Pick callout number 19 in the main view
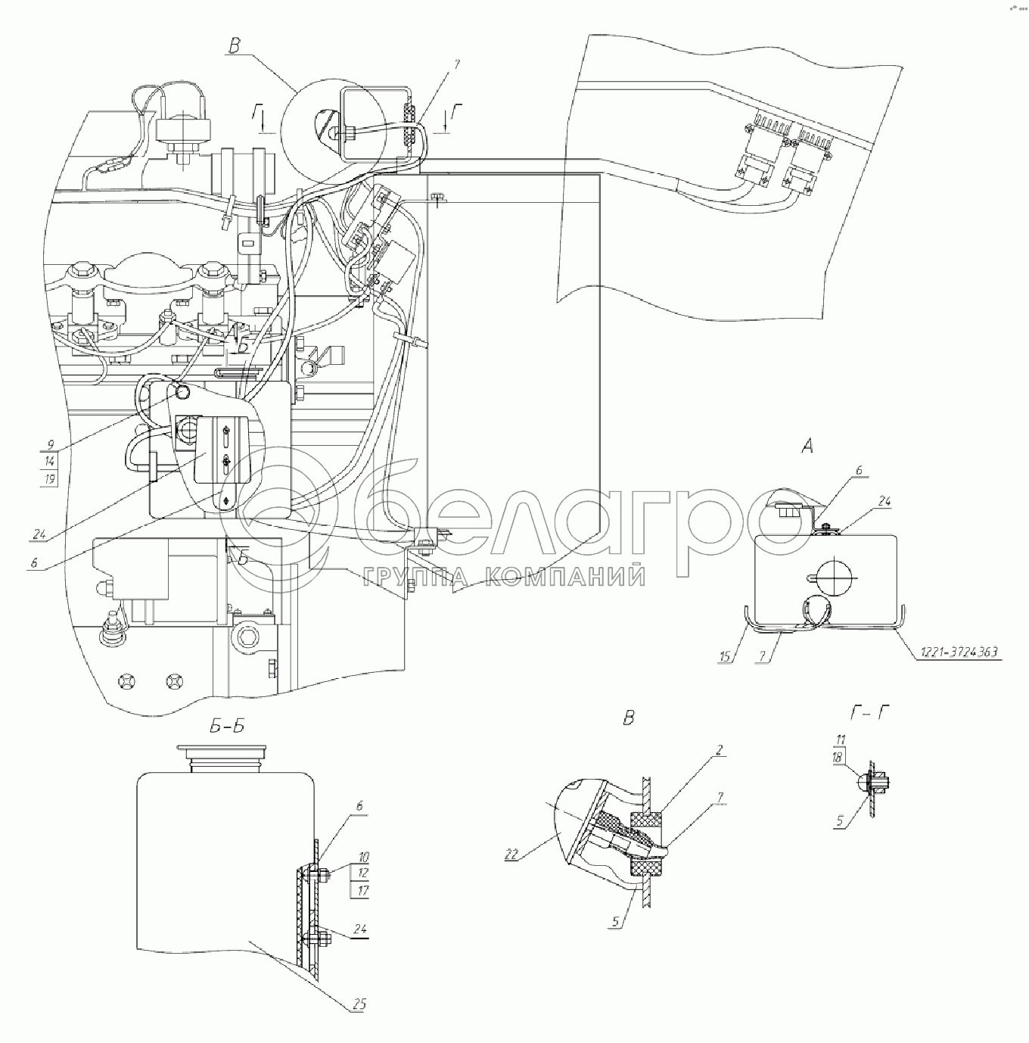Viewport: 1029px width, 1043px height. (x=50, y=479)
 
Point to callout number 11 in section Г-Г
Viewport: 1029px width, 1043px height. (x=841, y=739)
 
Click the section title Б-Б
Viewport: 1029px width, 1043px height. (x=225, y=728)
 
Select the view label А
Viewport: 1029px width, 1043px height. (x=807, y=447)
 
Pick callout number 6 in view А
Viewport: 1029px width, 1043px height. (x=859, y=470)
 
